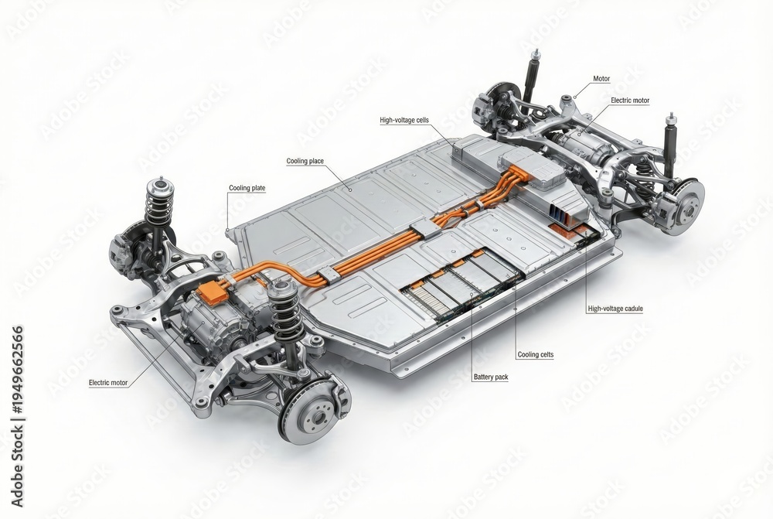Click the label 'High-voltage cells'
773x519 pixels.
(404, 120)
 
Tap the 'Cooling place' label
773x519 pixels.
(305, 161)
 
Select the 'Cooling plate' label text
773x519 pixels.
(247, 188)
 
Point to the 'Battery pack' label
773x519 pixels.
(491, 377)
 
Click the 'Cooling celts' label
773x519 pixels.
(536, 354)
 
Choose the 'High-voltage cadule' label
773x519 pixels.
(615, 309)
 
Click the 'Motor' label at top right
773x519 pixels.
(601, 78)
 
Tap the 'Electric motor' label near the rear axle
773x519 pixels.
(630, 100)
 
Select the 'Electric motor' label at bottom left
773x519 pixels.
(108, 382)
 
